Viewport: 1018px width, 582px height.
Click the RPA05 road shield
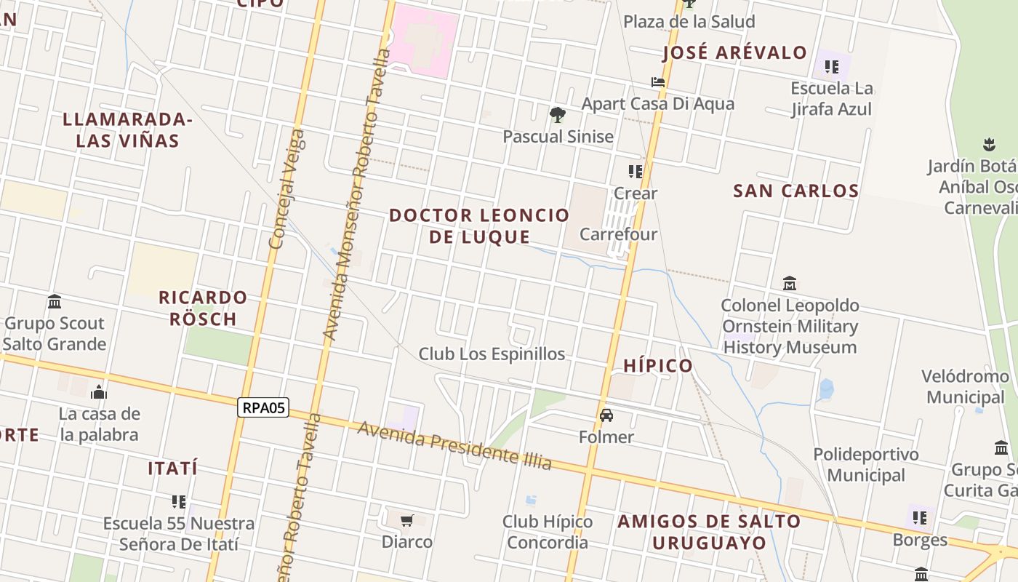pos(263,407)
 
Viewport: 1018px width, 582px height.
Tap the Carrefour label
pos(618,234)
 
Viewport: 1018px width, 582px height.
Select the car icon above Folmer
pos(606,415)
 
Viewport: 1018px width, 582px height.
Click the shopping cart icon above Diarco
pos(407,521)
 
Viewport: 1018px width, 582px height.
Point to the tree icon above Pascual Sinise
pos(558,114)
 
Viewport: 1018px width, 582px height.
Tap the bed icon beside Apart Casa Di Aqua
pos(658,82)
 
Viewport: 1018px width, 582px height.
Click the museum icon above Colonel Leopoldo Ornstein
pos(790,283)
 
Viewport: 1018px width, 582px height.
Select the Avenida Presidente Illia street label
pos(454,445)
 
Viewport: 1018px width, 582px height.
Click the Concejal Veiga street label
pos(286,189)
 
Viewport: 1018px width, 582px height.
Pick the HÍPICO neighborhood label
pos(658,366)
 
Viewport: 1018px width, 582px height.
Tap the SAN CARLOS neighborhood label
pos(796,191)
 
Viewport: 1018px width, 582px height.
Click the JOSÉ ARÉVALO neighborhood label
pos(735,52)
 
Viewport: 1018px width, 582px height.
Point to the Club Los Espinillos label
pos(492,354)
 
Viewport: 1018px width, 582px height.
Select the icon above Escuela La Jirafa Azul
pos(832,68)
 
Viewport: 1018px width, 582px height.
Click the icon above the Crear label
pos(636,172)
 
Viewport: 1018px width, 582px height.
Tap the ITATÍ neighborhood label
pos(173,469)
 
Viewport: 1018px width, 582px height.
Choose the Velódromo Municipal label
pos(965,387)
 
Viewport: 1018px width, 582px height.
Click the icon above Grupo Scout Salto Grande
pos(55,301)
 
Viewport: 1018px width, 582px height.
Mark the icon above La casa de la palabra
pos(99,393)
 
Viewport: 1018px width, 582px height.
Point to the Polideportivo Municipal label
pos(865,465)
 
